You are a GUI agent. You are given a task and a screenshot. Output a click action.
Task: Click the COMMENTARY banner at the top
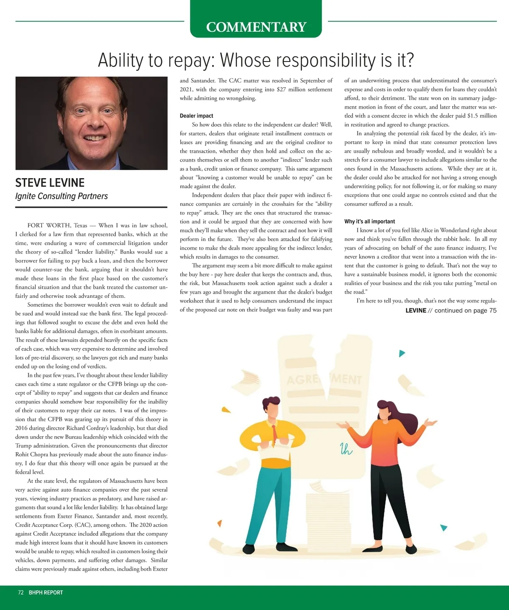(x=256, y=27)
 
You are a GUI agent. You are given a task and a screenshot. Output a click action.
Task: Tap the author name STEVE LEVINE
(x=50, y=183)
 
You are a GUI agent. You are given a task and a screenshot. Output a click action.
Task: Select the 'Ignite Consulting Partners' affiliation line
(x=62, y=196)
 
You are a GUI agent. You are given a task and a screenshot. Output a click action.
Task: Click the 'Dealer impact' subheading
(x=196, y=116)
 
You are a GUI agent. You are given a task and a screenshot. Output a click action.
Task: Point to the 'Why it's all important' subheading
(x=369, y=221)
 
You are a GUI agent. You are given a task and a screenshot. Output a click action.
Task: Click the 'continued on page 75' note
(x=465, y=311)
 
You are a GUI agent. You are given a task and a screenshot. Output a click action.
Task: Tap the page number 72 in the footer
(x=21, y=593)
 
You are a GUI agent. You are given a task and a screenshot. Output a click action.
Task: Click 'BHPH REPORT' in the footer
(x=46, y=593)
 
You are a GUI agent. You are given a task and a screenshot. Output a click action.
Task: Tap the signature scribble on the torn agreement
(x=346, y=449)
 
